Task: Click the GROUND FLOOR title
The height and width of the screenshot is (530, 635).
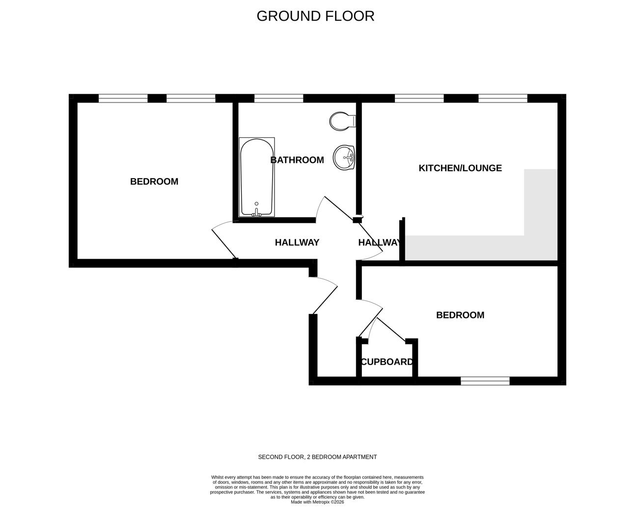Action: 315,16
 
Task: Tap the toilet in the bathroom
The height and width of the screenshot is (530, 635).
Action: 342,121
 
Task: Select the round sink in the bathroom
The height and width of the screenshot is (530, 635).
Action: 344,158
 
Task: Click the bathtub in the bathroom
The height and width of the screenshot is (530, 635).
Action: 256,177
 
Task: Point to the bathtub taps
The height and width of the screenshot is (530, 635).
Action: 256,212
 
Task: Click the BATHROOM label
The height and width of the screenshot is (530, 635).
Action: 297,160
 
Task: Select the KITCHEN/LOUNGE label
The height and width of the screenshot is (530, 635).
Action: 460,168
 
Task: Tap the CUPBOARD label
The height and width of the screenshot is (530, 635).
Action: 387,362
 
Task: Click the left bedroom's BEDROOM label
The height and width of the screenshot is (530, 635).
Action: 154,182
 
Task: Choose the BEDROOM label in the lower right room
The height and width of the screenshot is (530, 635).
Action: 460,315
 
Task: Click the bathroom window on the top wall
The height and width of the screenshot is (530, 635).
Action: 278,98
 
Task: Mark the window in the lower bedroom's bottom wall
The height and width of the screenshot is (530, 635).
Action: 485,381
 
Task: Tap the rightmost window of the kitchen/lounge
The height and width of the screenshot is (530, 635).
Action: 502,98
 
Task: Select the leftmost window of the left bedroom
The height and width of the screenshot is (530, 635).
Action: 123,98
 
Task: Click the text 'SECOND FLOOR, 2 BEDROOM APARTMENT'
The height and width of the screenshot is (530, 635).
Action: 317,457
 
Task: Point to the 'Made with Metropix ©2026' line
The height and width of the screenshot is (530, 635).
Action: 317,502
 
